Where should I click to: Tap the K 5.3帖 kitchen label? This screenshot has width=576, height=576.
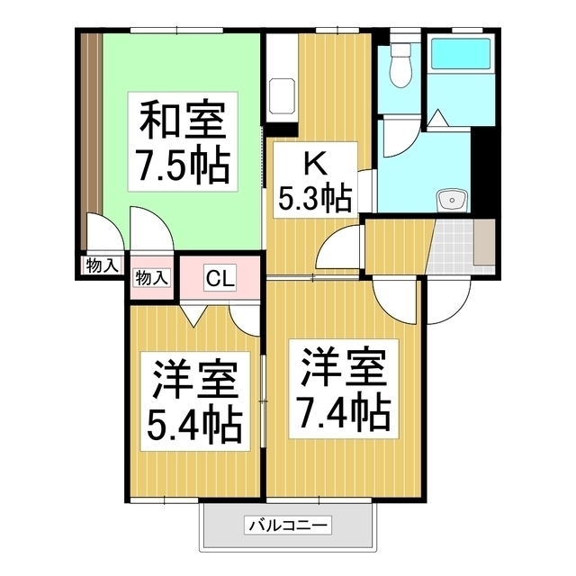tap(313, 179)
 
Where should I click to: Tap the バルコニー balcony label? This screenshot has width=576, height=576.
tap(288, 525)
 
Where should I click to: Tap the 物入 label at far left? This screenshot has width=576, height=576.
tap(101, 265)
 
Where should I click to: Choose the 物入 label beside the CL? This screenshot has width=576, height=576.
tap(151, 277)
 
